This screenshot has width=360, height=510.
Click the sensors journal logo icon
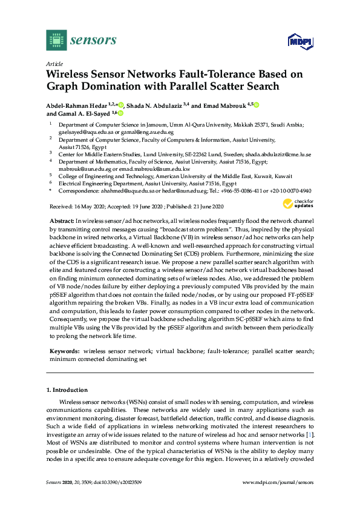pos(56,40)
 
